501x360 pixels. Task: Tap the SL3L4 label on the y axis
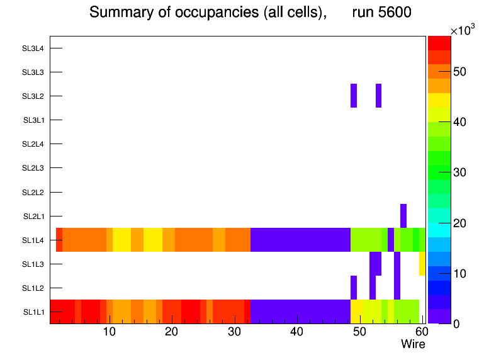[33, 48]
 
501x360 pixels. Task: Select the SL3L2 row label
[33, 96]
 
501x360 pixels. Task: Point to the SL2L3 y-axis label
[33, 168]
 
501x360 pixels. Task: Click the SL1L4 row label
[33, 240]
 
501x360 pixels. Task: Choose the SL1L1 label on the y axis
[33, 312]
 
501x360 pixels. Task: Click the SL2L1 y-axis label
[33, 217]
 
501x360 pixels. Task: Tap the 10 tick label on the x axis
[109, 332]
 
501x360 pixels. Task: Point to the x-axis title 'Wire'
[413, 344]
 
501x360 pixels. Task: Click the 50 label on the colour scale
[460, 72]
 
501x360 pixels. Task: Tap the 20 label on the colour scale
[460, 223]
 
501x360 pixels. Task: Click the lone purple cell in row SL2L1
[403, 216]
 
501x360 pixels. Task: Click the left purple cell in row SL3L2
[354, 96]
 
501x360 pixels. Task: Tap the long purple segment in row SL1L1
[300, 312]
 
